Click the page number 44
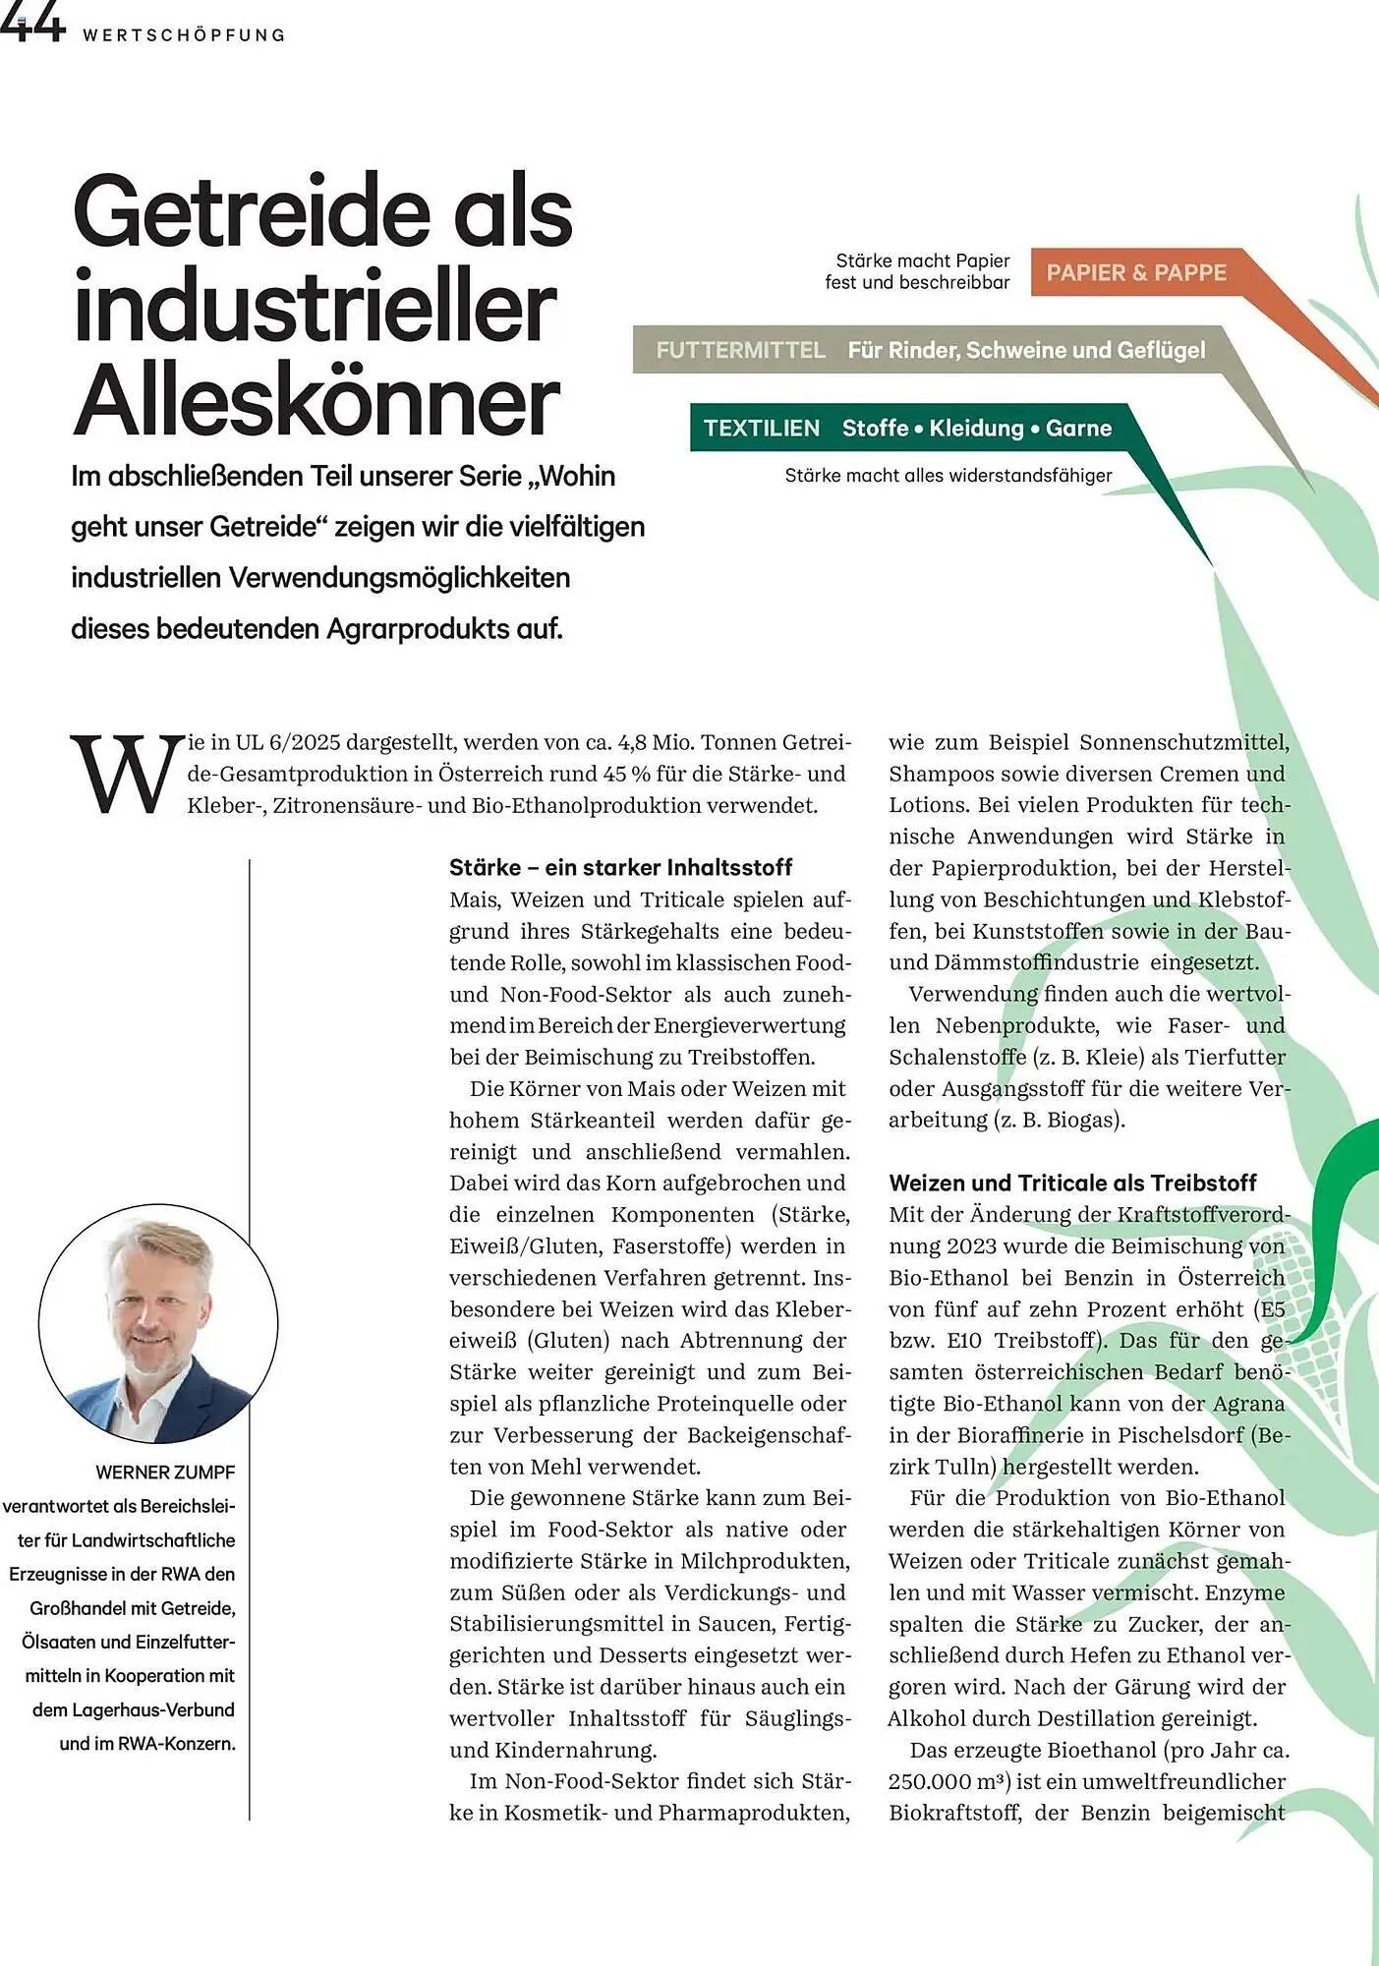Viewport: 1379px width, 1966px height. click(31, 24)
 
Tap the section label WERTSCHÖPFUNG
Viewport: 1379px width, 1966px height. click(184, 35)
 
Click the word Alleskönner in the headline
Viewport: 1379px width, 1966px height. click(316, 403)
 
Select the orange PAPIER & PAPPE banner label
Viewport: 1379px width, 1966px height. click(1135, 273)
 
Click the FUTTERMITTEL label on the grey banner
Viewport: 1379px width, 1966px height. click(740, 351)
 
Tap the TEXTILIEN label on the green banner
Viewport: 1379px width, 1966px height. click(761, 429)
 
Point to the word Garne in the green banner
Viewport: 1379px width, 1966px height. click(1078, 429)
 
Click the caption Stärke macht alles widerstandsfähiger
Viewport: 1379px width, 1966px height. click(948, 476)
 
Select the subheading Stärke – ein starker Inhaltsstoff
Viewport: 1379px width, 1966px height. click(620, 867)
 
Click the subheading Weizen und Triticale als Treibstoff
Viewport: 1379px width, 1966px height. click(1072, 1183)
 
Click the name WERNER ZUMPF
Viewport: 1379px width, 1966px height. click(165, 1473)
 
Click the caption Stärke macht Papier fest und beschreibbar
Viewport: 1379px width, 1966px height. click(917, 271)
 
